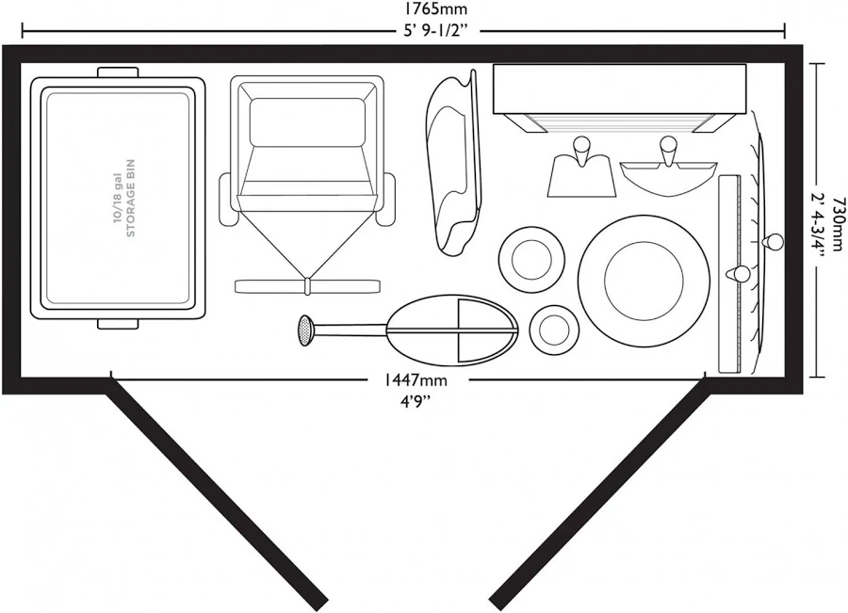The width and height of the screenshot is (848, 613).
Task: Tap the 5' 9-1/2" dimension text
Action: [x=435, y=31]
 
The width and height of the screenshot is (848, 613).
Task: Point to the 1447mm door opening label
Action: [x=416, y=380]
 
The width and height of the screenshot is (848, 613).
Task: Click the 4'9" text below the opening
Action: [x=415, y=400]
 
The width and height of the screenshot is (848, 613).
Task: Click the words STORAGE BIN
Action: [x=130, y=198]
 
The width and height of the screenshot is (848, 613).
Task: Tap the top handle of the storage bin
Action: [x=118, y=73]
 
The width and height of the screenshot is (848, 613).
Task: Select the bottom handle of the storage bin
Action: [x=118, y=324]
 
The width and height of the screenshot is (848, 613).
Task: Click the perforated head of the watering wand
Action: [x=306, y=331]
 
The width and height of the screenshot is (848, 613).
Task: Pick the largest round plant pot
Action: [x=644, y=281]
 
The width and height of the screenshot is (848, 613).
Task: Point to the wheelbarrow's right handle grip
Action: [x=386, y=200]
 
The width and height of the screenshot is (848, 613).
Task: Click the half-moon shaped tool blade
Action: [x=668, y=178]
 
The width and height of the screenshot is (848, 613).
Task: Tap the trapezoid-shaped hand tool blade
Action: [x=581, y=177]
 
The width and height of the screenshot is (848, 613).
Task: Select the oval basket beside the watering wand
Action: [x=451, y=330]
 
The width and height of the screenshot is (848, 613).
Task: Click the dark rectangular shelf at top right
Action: [x=620, y=89]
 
